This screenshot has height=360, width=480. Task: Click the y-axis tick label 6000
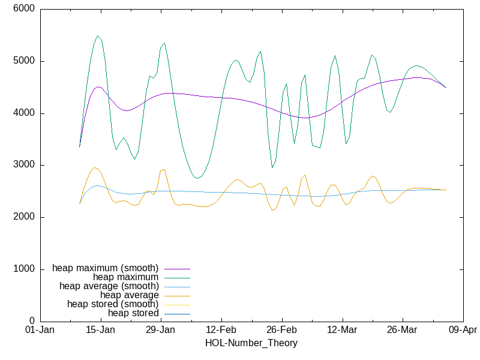click(x=24, y=10)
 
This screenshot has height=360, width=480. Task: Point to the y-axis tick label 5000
click(x=24, y=61)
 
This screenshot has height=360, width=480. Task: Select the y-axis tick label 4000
click(x=24, y=113)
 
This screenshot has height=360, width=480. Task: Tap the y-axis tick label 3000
click(x=24, y=165)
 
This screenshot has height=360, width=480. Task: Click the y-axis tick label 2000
click(x=24, y=217)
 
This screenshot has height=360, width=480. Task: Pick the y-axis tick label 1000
click(x=24, y=269)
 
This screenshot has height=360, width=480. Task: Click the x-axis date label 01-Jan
click(x=40, y=330)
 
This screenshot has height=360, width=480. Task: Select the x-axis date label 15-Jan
click(x=100, y=330)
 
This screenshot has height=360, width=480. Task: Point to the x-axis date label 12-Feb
click(x=221, y=330)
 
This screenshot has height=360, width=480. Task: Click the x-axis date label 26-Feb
click(x=281, y=330)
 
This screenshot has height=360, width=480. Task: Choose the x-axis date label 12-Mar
click(x=342, y=330)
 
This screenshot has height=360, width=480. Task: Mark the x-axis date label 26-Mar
click(x=402, y=330)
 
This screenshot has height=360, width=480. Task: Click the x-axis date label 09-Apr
click(x=463, y=330)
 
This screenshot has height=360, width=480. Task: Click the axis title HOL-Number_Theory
click(x=251, y=343)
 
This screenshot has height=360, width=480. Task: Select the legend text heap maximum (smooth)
click(x=106, y=268)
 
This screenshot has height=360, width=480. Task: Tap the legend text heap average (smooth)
click(x=109, y=286)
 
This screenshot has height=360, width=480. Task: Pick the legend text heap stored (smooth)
click(x=113, y=304)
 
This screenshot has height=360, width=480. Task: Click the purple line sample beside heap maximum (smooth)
click(x=177, y=268)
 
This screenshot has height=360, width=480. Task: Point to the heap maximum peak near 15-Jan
click(x=98, y=36)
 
